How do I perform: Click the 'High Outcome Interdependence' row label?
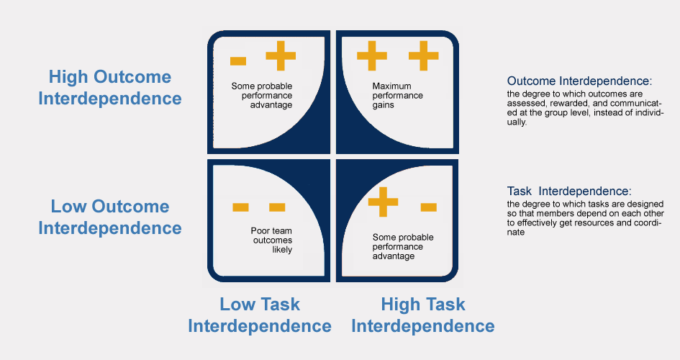(109, 88)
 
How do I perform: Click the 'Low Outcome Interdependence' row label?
(109, 217)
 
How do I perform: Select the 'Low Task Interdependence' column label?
(260, 315)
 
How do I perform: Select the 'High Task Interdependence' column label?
(423, 315)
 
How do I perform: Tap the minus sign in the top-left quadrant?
(239, 61)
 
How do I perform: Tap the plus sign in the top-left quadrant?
(281, 55)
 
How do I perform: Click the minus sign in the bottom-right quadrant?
(428, 207)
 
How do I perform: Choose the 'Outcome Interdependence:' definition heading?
(579, 81)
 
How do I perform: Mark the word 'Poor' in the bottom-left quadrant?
(252, 231)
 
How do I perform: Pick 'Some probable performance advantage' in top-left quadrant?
(261, 96)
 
